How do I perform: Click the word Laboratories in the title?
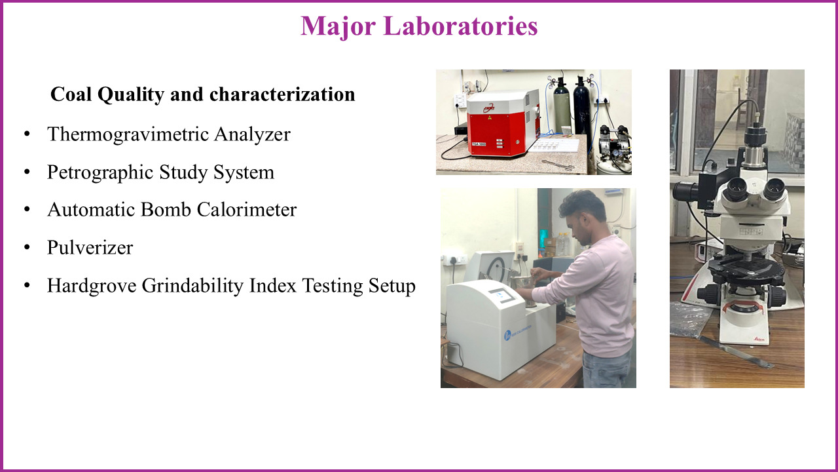click(x=460, y=26)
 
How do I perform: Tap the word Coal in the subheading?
click(x=71, y=94)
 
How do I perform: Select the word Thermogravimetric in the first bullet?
click(x=128, y=134)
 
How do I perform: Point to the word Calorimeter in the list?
click(x=247, y=209)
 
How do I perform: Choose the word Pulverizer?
click(x=90, y=248)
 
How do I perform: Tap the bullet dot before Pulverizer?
click(x=27, y=248)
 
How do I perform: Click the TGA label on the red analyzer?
click(x=479, y=144)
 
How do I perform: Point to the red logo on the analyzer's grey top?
click(x=489, y=108)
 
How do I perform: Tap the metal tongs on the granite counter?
click(x=557, y=165)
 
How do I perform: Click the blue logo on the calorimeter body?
click(x=507, y=334)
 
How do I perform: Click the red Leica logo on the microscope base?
click(x=759, y=339)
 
